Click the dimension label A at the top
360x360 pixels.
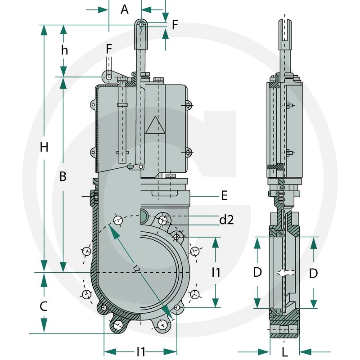(125, 9)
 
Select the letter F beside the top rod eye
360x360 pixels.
(175, 24)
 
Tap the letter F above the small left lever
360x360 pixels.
(109, 49)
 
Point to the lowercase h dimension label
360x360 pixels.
(65, 50)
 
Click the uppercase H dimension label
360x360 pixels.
(44, 147)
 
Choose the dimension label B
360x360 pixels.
(63, 177)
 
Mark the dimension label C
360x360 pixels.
(44, 306)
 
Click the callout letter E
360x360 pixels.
(224, 196)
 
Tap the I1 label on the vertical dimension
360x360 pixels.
(216, 272)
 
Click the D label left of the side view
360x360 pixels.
(257, 272)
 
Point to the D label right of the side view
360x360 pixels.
(313, 273)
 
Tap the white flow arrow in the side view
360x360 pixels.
(284, 273)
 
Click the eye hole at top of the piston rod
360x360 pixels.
(141, 24)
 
